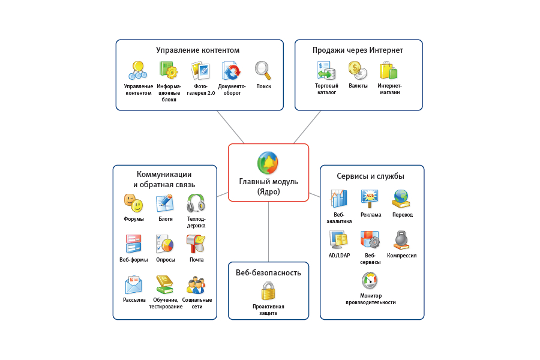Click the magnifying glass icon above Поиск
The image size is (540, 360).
tap(263, 70)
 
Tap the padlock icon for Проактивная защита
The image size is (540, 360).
tap(268, 291)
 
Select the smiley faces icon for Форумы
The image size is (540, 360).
tap(133, 203)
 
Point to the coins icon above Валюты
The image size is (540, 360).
tap(358, 70)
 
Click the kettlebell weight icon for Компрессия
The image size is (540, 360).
tap(401, 240)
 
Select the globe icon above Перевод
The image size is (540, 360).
tap(401, 198)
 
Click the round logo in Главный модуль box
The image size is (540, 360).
tap(268, 163)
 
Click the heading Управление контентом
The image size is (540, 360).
tap(198, 50)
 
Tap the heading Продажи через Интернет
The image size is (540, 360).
tap(358, 50)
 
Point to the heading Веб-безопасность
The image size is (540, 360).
tap(268, 272)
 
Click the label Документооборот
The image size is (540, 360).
tap(232, 89)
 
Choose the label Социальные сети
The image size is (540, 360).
tap(197, 303)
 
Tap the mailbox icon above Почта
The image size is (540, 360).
tap(196, 244)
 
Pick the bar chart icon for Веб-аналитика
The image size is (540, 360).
tap(338, 199)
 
